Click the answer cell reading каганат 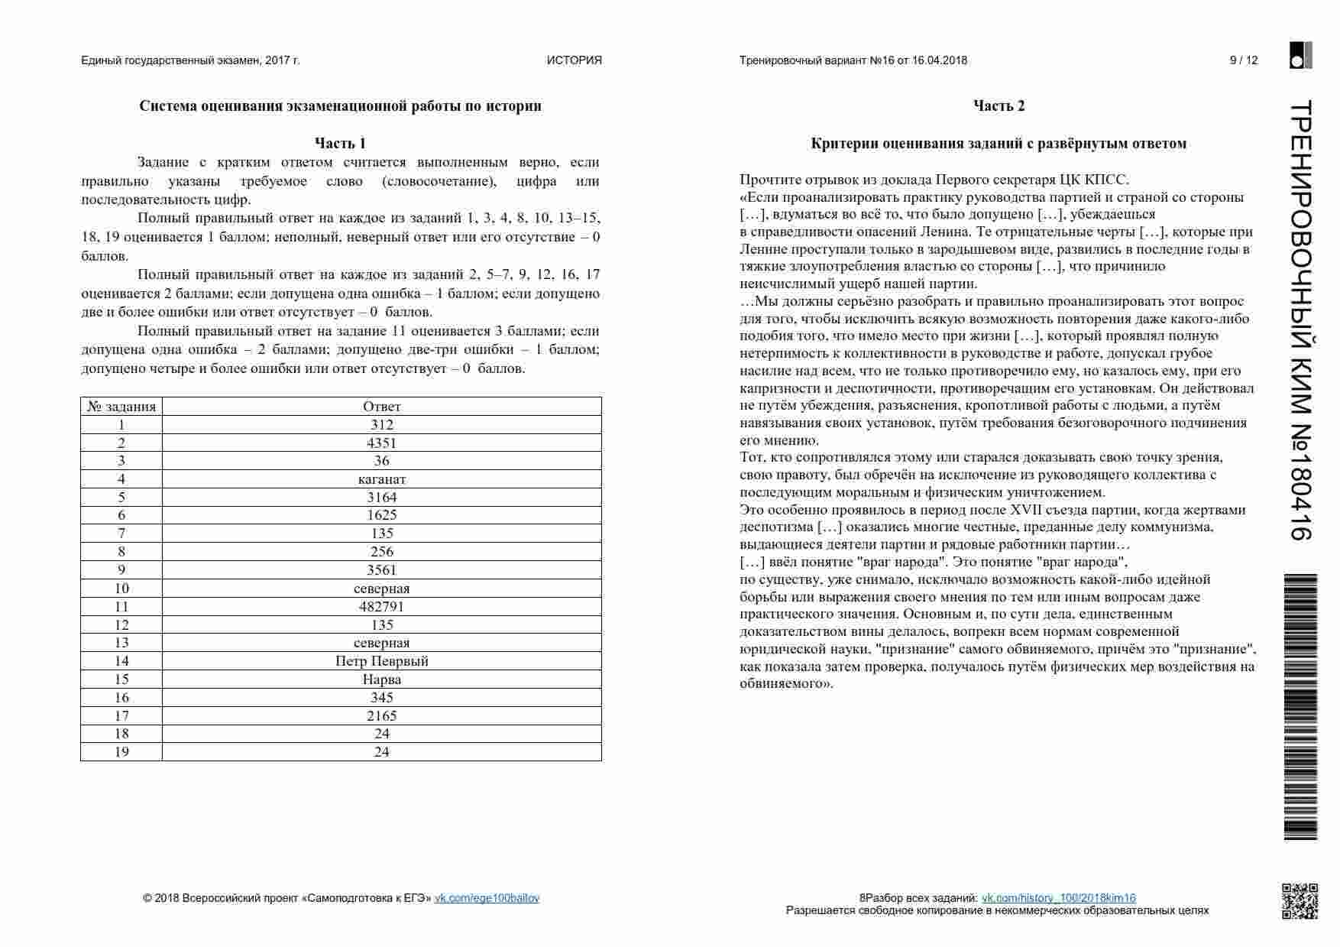(x=381, y=479)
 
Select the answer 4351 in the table (x=381, y=443)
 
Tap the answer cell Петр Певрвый (x=381, y=661)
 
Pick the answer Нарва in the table (x=381, y=679)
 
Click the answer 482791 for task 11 (x=381, y=607)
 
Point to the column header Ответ (x=381, y=407)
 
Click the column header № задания (x=121, y=407)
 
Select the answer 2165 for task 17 (x=381, y=716)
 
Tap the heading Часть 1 (x=340, y=143)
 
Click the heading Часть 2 (x=999, y=106)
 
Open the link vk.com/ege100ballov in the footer (x=487, y=898)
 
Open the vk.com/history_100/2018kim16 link (x=1058, y=898)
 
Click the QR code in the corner (x=1300, y=901)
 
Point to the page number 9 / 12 (x=1243, y=60)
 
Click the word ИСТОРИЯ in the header (x=574, y=60)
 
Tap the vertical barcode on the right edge (x=1300, y=707)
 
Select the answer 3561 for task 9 (x=381, y=570)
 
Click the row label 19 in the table (x=121, y=752)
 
